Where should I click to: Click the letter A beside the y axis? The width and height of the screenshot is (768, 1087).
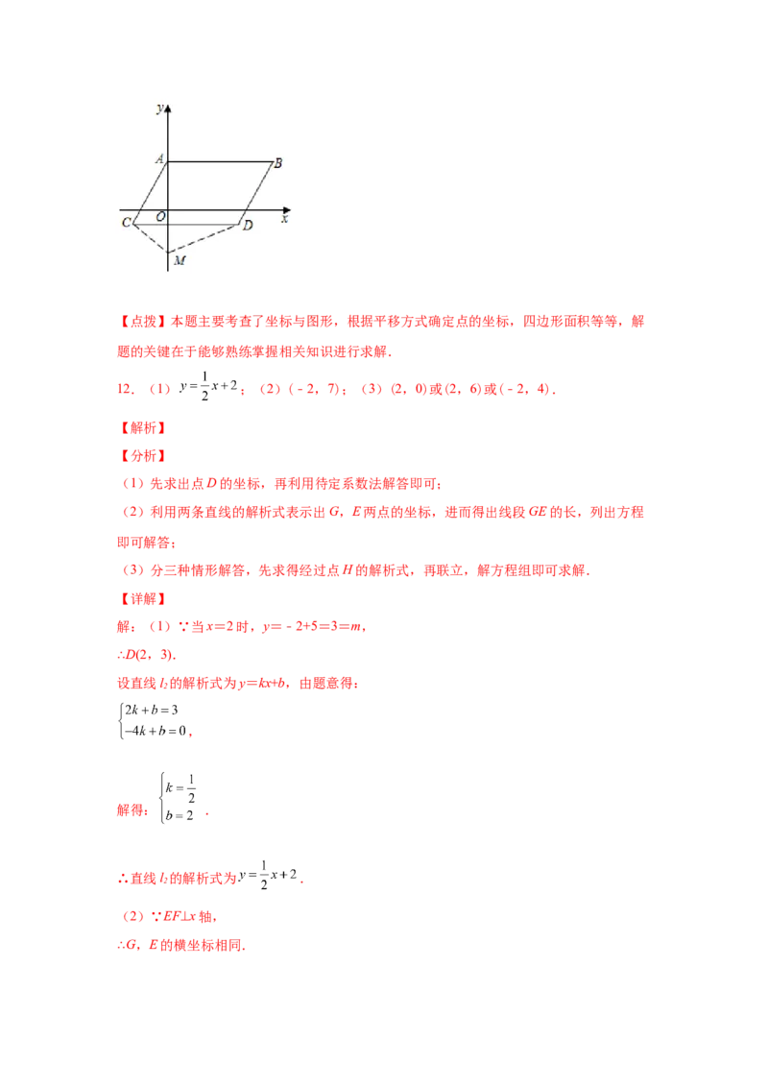click(158, 159)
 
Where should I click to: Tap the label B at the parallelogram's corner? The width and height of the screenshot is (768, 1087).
click(277, 163)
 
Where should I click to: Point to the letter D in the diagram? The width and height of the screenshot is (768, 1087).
click(248, 226)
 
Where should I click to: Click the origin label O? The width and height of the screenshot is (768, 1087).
click(159, 218)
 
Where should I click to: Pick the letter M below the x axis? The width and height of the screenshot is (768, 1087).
click(179, 260)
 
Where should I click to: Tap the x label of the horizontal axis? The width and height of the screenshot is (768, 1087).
click(284, 219)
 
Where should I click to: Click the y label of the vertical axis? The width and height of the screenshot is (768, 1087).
click(158, 108)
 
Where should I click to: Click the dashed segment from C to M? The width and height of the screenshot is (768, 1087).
click(150, 239)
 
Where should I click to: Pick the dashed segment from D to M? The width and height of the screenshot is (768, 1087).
click(204, 239)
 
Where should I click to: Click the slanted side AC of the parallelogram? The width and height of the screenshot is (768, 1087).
click(151, 192)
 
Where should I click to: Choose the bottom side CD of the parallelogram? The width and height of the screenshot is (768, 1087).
click(186, 225)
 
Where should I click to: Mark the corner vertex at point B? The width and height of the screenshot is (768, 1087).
click(271, 161)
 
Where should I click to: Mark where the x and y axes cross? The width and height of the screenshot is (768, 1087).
click(168, 208)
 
